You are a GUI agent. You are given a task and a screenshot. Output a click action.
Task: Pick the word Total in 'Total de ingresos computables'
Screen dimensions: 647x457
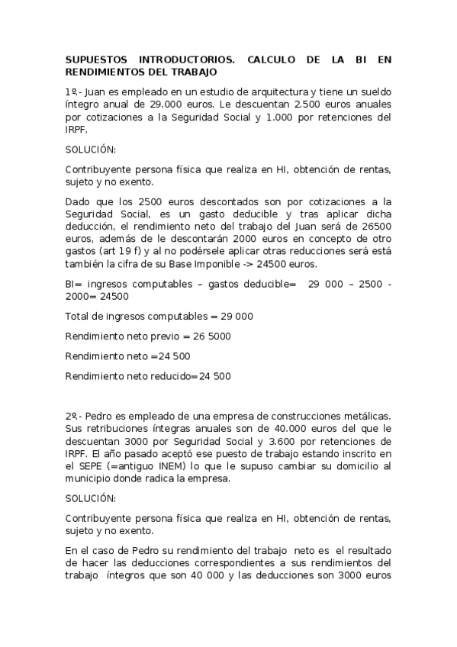pyautogui.click(x=78, y=315)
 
